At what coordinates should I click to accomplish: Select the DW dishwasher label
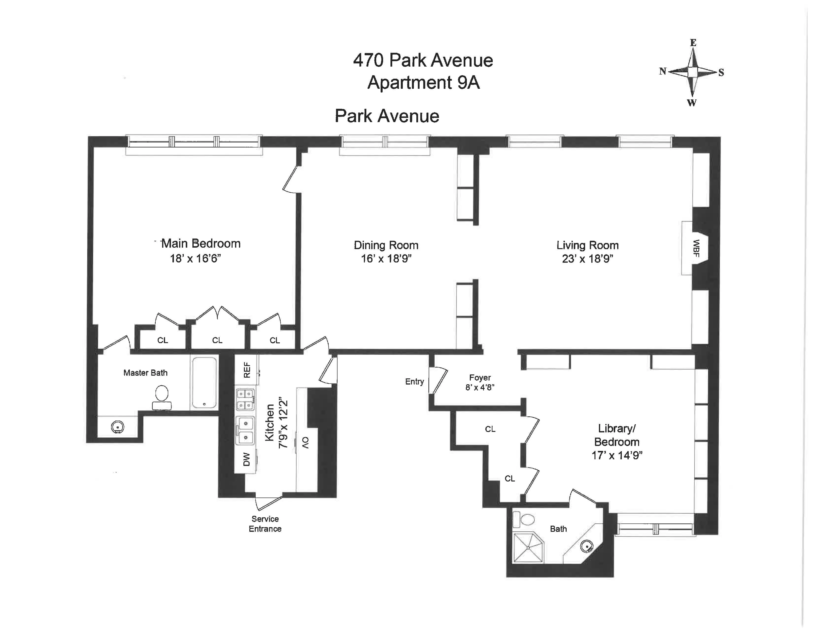(246, 460)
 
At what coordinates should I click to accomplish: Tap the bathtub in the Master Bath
(204, 383)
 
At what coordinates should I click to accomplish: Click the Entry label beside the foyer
(414, 382)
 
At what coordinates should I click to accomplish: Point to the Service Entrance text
(265, 523)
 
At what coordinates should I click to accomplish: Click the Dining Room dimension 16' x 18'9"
(386, 259)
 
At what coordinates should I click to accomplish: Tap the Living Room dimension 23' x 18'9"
(587, 259)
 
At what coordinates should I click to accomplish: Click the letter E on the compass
(693, 43)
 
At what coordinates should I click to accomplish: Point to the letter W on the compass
(692, 103)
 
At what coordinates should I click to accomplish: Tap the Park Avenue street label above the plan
(387, 116)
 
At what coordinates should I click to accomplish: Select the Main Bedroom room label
(200, 244)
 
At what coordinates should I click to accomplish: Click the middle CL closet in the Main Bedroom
(217, 340)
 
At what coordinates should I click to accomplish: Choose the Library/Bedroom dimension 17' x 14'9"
(617, 455)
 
